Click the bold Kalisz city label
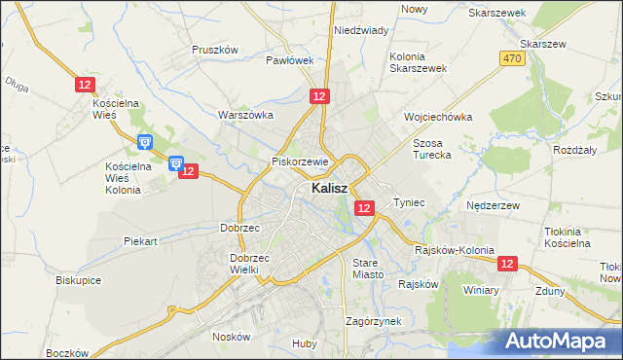331,189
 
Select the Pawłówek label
290,60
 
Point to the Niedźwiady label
361,30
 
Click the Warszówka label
245,115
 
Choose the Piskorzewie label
303,162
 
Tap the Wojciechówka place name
438,117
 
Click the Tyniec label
410,202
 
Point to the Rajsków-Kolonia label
455,250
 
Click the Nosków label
232,337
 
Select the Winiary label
481,290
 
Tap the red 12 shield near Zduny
506,264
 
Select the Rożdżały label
574,150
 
